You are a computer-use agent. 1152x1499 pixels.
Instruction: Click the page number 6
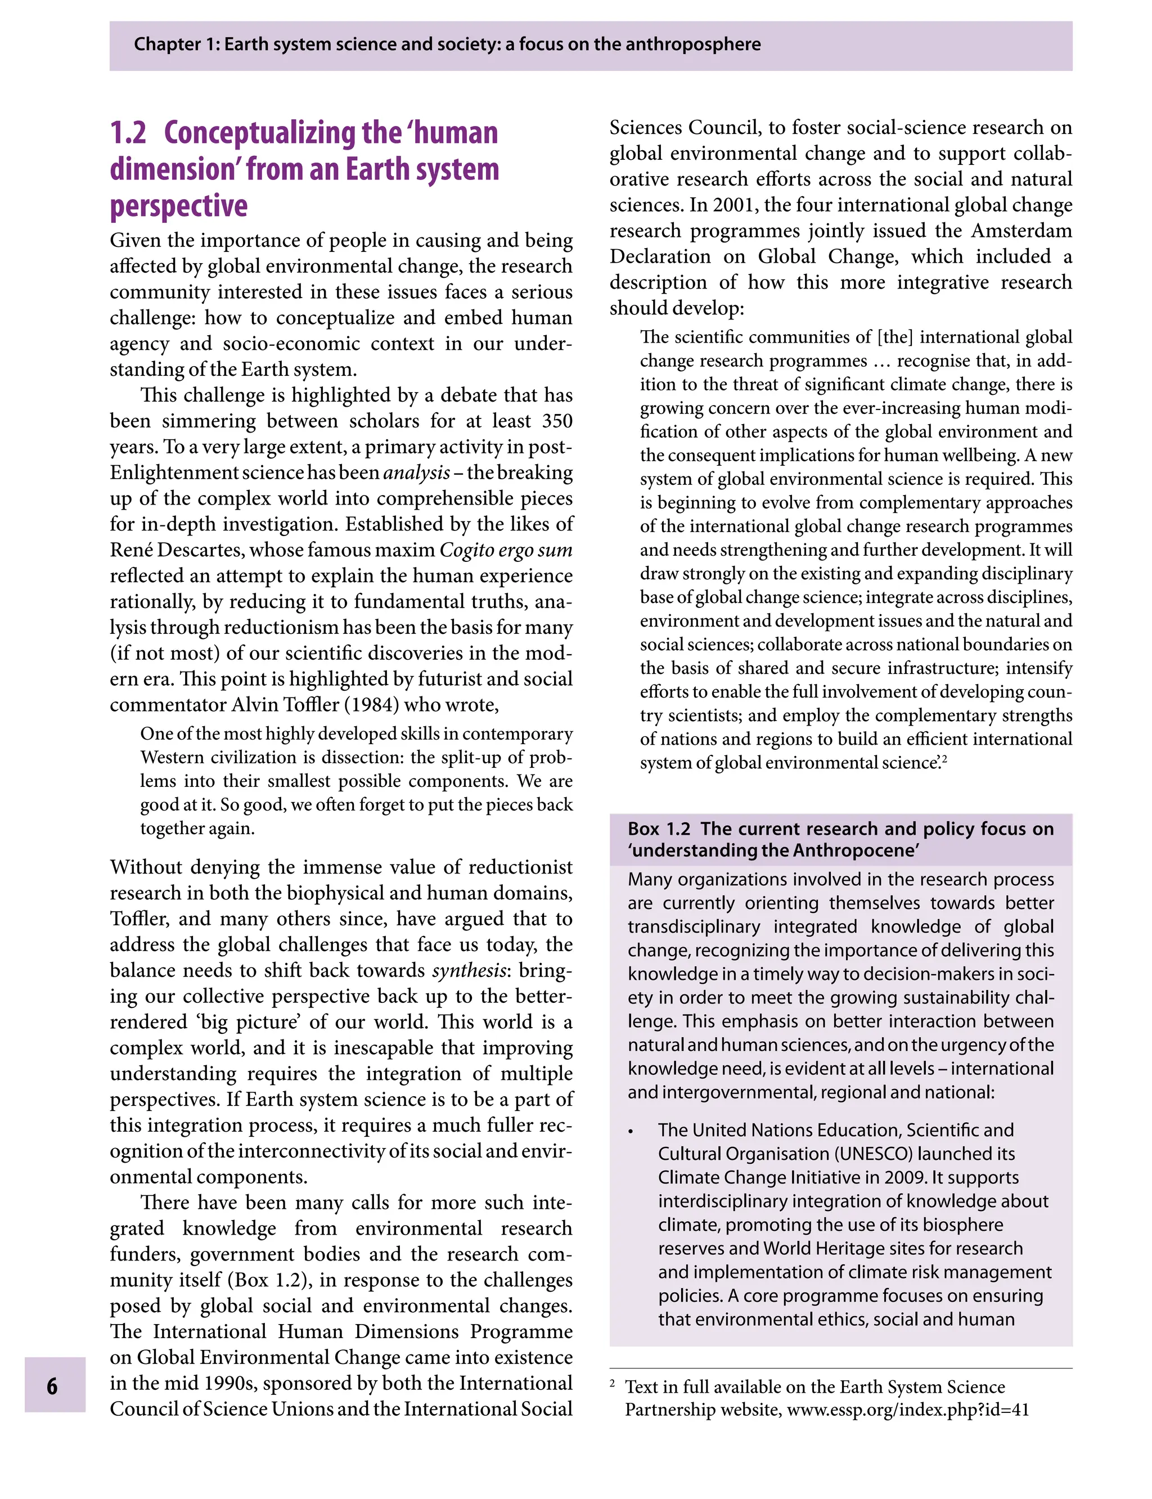coord(52,1387)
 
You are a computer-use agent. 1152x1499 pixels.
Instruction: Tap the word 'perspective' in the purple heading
coord(178,206)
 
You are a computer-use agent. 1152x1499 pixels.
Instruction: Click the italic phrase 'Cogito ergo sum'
coord(505,551)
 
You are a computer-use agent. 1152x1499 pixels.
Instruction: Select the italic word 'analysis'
coord(416,473)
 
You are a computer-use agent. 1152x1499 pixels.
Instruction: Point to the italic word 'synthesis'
coord(469,971)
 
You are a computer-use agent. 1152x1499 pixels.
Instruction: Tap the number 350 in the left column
coord(557,421)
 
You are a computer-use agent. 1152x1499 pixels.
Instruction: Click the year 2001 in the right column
coord(733,206)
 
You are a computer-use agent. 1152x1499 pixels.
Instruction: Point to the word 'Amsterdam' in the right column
coord(1021,231)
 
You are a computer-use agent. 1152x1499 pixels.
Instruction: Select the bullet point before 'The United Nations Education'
coord(631,1132)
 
